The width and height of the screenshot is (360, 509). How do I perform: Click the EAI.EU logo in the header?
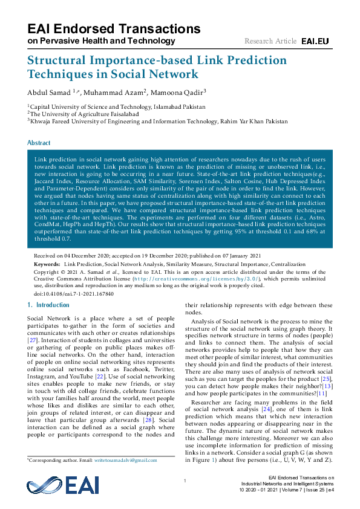[x=315, y=41]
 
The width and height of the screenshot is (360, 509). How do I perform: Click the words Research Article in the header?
[x=270, y=41]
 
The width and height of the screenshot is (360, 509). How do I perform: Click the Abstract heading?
[x=39, y=143]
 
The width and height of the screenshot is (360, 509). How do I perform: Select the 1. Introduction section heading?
[x=49, y=305]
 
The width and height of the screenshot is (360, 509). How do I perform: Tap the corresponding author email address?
[x=126, y=460]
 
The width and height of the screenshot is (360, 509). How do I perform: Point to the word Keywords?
[x=46, y=265]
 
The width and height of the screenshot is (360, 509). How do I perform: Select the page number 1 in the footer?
[x=184, y=481]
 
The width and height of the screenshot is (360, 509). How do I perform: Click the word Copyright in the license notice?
[x=48, y=272]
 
